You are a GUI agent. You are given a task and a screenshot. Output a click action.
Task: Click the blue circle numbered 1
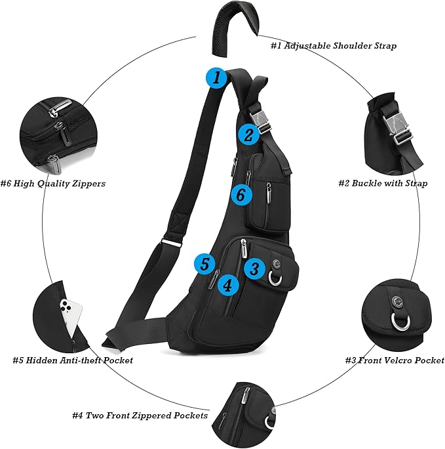(217, 78)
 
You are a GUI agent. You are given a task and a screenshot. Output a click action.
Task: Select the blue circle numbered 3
(255, 268)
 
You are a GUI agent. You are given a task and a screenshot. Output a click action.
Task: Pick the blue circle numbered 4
(227, 285)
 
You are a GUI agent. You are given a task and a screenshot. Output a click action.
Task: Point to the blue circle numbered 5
(205, 264)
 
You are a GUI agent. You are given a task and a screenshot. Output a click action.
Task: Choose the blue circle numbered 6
(241, 194)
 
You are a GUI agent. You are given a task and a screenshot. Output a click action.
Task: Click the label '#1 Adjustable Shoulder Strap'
(333, 46)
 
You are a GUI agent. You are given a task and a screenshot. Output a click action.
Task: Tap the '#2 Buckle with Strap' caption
(383, 183)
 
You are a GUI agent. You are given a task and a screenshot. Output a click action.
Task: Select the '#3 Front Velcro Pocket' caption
(395, 360)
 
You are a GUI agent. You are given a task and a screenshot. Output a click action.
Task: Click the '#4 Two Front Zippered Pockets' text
(140, 416)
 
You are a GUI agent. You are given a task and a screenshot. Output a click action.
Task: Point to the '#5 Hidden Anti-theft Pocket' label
(73, 360)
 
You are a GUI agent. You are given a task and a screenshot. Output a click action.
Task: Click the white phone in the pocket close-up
(71, 314)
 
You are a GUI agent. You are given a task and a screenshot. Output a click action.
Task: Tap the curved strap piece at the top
(234, 26)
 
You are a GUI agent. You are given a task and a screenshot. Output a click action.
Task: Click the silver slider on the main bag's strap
(172, 242)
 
